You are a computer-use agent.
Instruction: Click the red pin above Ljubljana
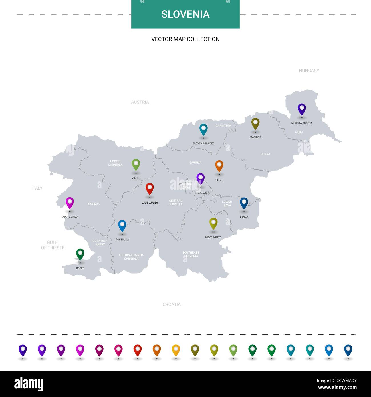(150, 189)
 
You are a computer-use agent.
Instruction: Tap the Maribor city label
(255, 137)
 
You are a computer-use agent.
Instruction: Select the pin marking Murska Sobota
(302, 109)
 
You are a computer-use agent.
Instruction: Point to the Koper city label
(80, 268)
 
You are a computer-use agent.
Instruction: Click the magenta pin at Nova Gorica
(70, 203)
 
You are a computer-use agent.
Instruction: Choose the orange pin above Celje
(219, 166)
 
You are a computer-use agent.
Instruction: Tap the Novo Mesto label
(213, 237)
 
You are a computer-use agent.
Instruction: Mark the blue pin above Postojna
(122, 226)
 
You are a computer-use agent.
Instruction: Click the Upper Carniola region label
(115, 163)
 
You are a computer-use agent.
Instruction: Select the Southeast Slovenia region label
(191, 254)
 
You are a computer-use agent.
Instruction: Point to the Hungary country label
(309, 71)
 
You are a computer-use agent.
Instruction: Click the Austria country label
(140, 102)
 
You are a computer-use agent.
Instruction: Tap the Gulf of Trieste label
(53, 245)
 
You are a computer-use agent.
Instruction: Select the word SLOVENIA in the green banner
(185, 14)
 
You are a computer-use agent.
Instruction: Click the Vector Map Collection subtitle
(185, 39)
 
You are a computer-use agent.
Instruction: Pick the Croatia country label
(172, 304)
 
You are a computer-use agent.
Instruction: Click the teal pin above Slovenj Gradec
(203, 129)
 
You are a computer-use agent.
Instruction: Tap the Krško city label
(244, 217)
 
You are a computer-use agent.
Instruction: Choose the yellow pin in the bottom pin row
(176, 350)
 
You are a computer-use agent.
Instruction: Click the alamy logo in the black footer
(29, 384)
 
